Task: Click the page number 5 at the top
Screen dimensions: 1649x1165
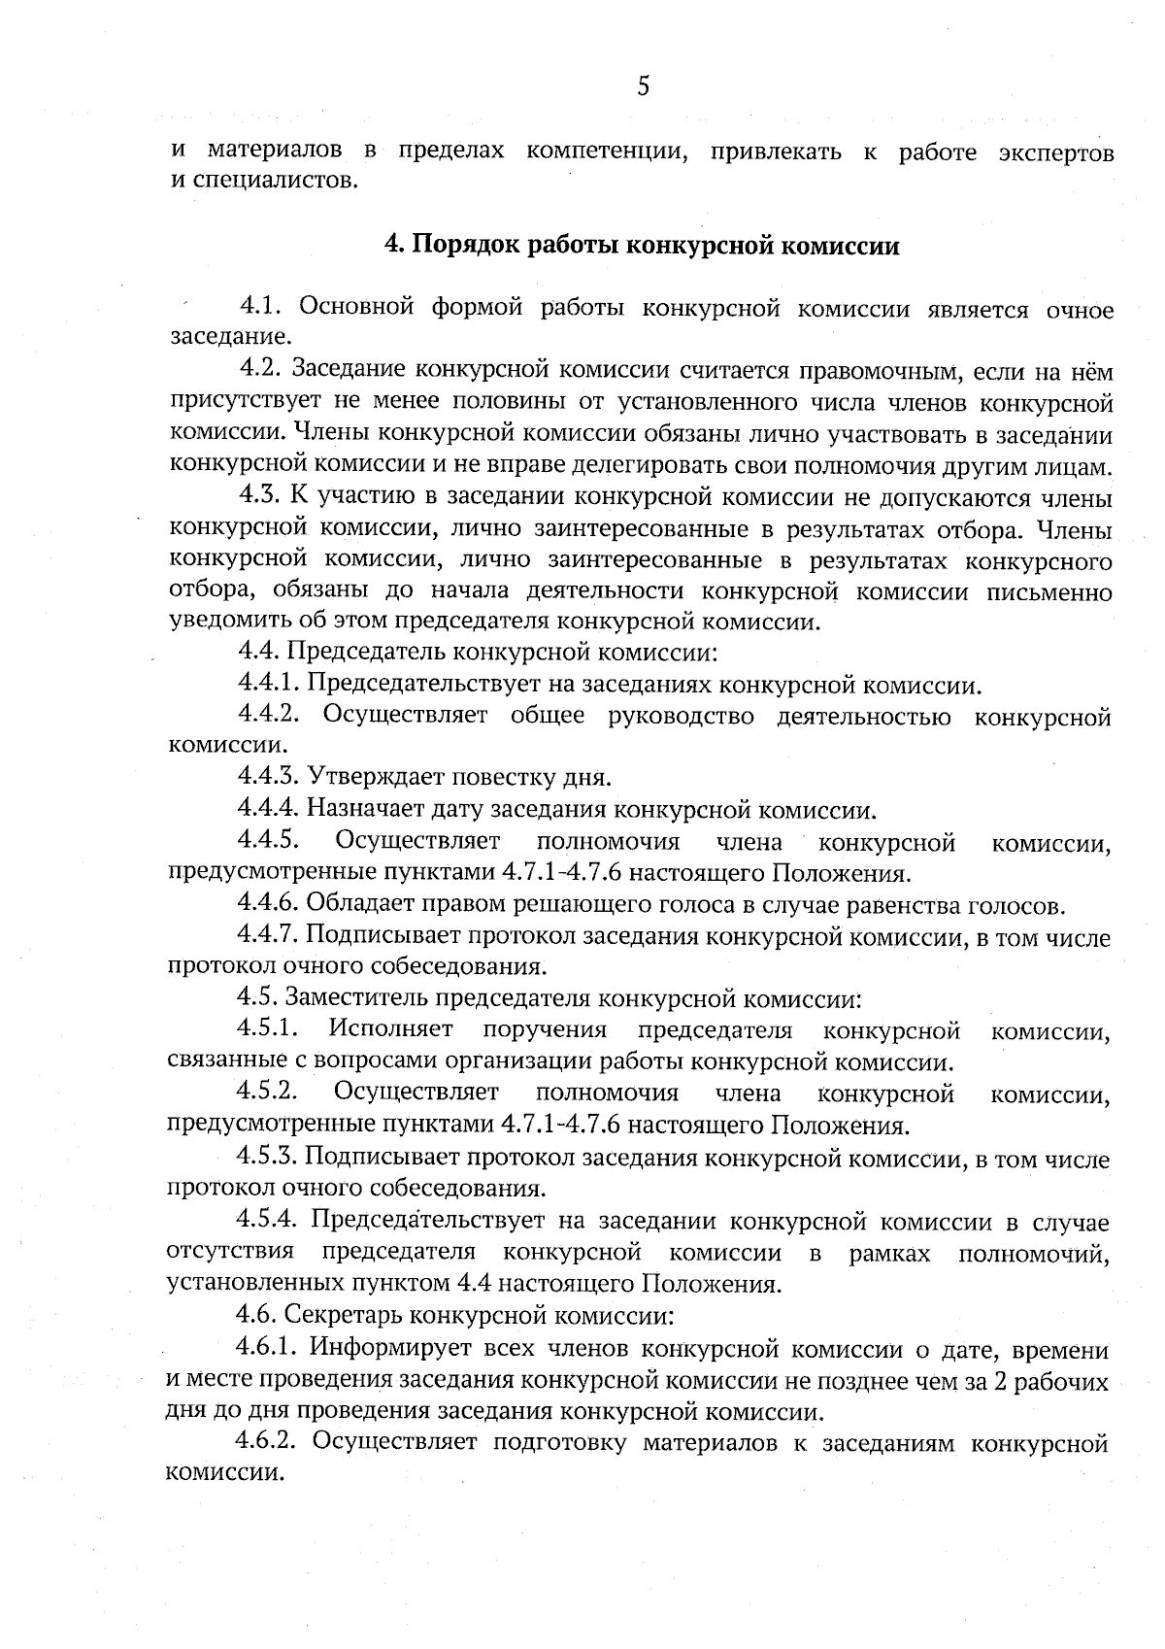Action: pos(643,87)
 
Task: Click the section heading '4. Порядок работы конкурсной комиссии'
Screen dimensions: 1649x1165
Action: pos(642,246)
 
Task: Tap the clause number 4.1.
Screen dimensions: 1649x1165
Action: pos(260,308)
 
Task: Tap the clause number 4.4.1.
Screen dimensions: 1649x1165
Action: pos(268,685)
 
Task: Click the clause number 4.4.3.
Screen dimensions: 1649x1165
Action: pos(268,777)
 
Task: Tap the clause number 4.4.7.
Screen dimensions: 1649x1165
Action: pos(268,935)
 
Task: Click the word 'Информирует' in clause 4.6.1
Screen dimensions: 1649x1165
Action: pos(390,1348)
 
